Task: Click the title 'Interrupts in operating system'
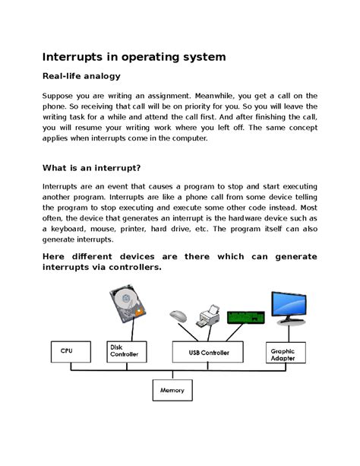pos(134,57)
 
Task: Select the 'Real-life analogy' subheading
pos(81,77)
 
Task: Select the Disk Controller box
pos(124,350)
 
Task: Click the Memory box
pos(172,391)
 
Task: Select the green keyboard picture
pos(247,313)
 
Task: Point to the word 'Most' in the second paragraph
pos(306,205)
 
